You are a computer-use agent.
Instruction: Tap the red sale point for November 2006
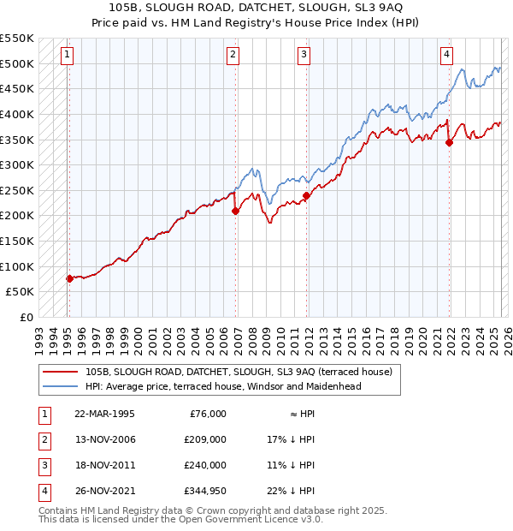pyautogui.click(x=235, y=212)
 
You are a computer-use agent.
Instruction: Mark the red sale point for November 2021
pyautogui.click(x=449, y=142)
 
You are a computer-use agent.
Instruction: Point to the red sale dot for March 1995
pyautogui.click(x=69, y=278)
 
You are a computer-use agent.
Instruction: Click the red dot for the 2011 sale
pyautogui.click(x=306, y=195)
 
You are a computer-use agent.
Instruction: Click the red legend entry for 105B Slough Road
pyautogui.click(x=239, y=372)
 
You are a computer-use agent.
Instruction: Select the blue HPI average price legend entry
pyautogui.click(x=223, y=386)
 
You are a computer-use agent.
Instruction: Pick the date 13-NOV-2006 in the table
pyautogui.click(x=105, y=439)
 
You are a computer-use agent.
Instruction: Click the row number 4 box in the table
pyautogui.click(x=44, y=492)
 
